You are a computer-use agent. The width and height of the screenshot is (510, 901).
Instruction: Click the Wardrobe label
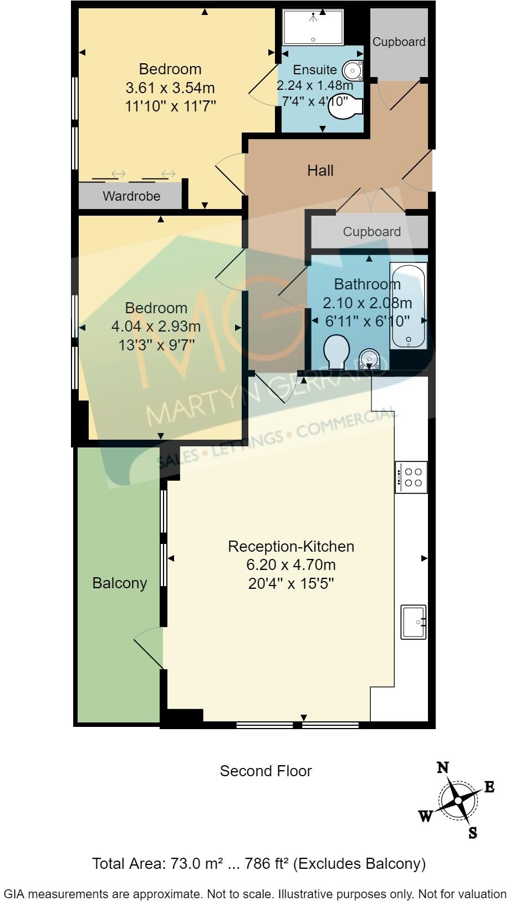click(131, 196)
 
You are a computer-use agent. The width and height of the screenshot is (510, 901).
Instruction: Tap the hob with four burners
click(411, 477)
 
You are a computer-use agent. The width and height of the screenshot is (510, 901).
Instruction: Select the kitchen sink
click(414, 622)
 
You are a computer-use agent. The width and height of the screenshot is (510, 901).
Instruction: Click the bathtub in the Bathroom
click(409, 306)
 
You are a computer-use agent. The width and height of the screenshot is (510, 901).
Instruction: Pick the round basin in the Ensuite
click(352, 71)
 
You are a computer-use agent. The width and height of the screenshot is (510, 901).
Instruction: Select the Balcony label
click(120, 583)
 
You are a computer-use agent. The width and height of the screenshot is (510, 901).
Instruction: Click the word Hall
click(320, 170)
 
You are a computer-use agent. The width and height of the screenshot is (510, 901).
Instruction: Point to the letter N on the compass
click(443, 767)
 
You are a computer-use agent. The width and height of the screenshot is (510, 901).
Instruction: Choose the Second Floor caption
click(266, 771)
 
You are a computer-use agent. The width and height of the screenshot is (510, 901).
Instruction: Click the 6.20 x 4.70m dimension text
click(291, 565)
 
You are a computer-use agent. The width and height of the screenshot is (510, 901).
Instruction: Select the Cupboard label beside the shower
click(399, 42)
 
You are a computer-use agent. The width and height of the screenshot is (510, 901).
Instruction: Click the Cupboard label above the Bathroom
click(371, 232)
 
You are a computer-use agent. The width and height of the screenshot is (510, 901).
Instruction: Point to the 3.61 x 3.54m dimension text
click(170, 88)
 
